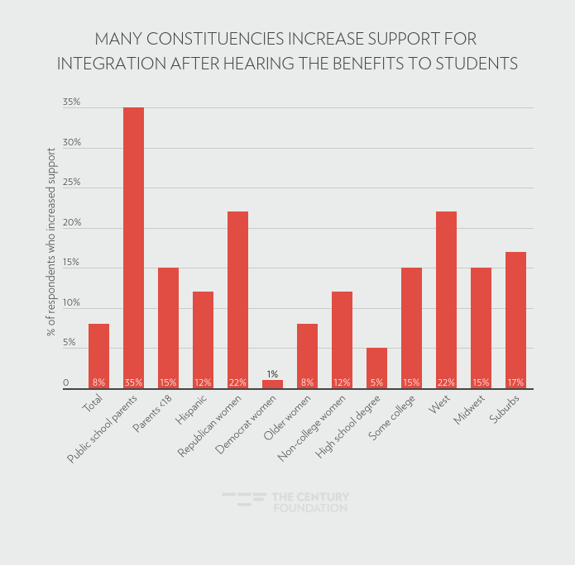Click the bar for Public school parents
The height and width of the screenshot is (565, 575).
[133, 248]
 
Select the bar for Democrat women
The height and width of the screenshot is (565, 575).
[272, 384]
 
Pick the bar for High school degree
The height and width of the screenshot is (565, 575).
[376, 368]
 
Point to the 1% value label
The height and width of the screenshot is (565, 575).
[272, 374]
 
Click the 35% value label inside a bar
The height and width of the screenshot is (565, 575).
[133, 382]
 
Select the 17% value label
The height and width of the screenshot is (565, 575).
[515, 382]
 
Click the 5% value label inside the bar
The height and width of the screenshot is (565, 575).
[376, 382]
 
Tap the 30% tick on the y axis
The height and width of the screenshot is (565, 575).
[71, 142]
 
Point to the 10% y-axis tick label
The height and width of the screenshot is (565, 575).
[71, 302]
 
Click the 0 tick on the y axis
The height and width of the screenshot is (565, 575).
[66, 382]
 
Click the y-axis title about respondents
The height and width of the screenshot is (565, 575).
[50, 242]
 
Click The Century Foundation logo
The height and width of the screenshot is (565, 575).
[286, 502]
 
